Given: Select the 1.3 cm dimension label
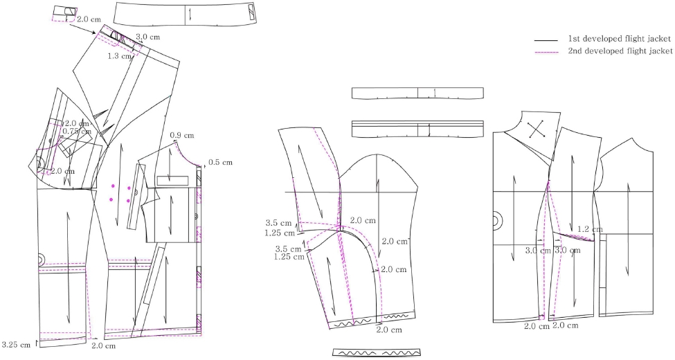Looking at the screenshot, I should (x=120, y=56).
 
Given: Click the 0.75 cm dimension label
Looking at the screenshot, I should (x=76, y=131).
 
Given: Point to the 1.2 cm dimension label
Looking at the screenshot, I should (x=590, y=229).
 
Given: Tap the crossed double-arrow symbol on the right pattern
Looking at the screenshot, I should (x=536, y=130).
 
